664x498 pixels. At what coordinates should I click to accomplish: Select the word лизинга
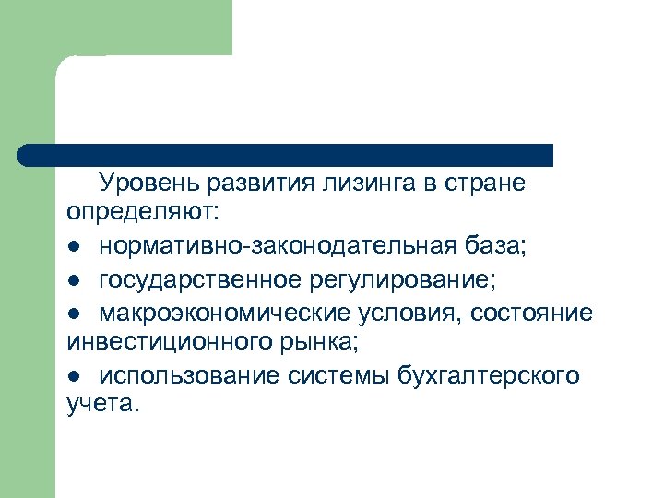[x=357, y=184]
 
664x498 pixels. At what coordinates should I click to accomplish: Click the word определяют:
[x=143, y=215]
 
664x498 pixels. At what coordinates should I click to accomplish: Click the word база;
[x=493, y=247]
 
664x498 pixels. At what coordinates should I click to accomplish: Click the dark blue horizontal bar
[x=286, y=155]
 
